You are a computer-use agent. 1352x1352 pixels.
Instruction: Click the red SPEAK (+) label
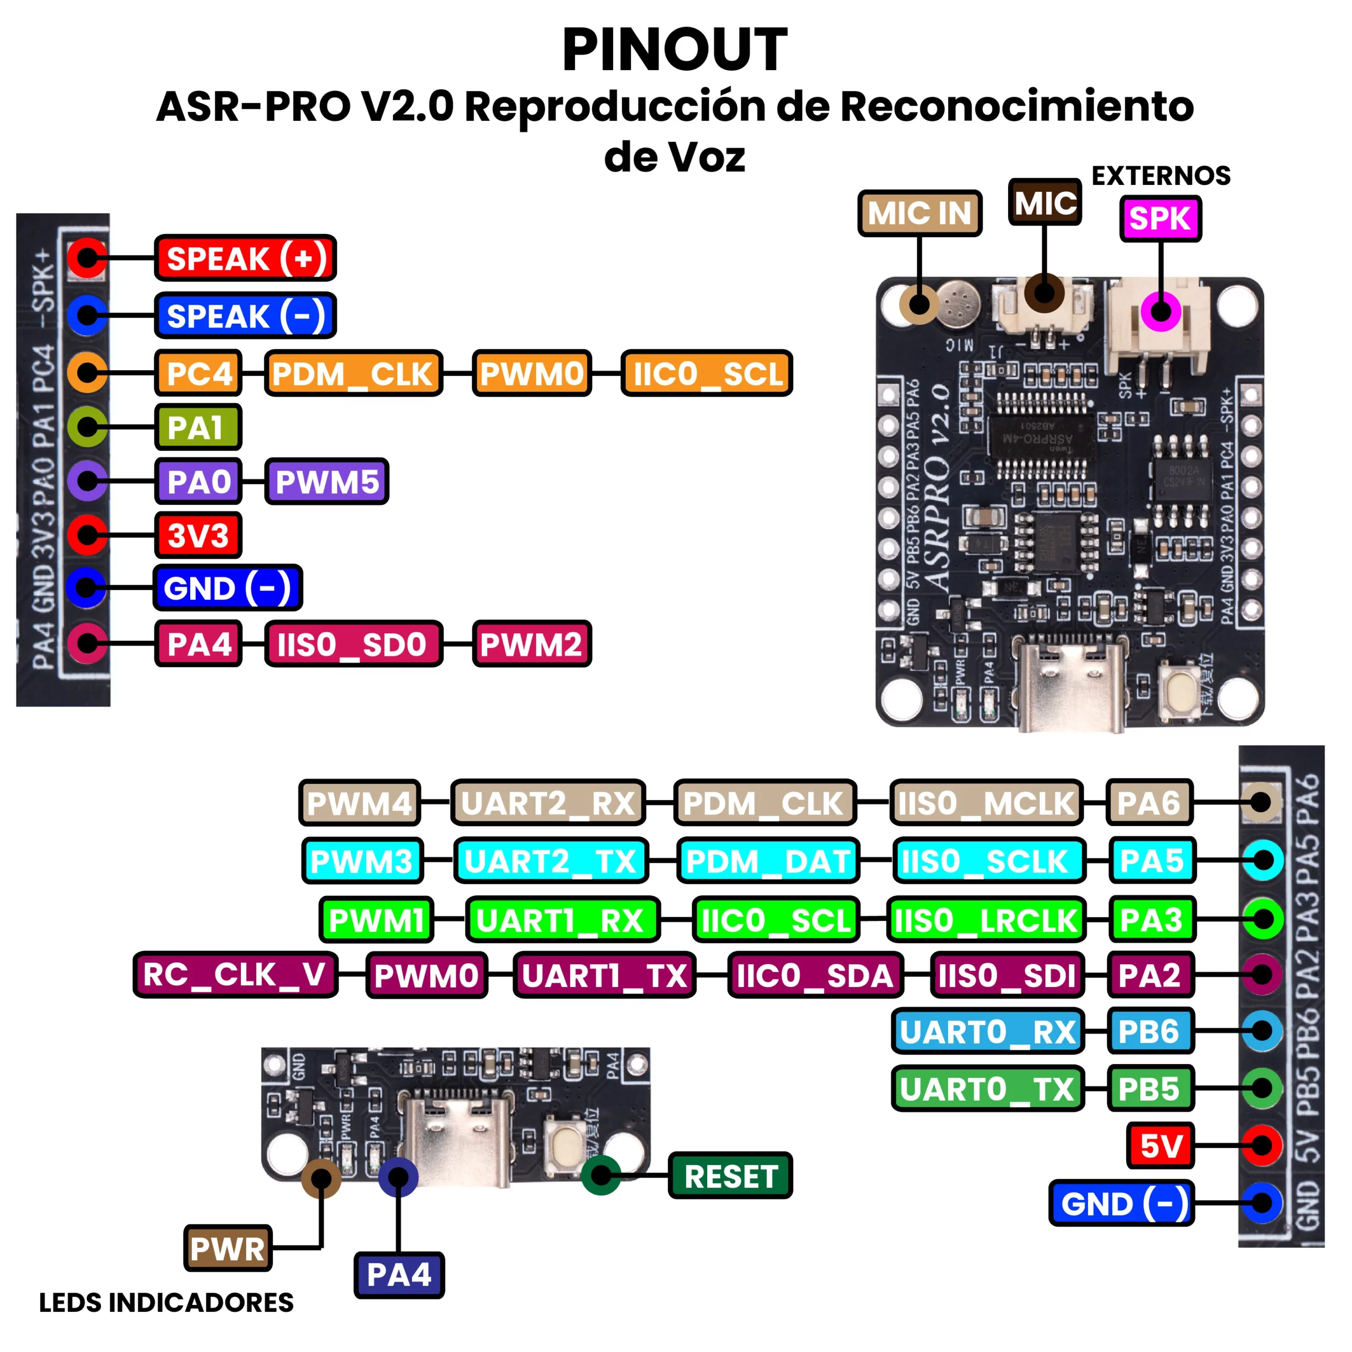pos(245,258)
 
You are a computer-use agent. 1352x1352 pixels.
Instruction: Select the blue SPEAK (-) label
pos(245,316)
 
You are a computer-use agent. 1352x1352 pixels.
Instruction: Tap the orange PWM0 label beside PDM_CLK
pos(532,373)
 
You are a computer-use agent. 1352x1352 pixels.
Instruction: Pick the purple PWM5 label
pos(327,482)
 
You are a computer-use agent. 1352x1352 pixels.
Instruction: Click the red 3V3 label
pos(198,536)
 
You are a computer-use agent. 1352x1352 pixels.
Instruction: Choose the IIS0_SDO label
pos(353,644)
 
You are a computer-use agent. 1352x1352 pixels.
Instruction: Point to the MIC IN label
pos(919,213)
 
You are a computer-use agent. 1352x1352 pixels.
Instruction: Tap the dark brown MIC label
pos(1045,202)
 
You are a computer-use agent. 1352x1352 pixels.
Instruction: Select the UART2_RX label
pos(548,803)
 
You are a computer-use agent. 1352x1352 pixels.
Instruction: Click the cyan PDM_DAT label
pos(768,861)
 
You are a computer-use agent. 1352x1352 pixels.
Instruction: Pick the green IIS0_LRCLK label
pos(985,919)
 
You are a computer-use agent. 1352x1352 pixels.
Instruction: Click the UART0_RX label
pos(988,1031)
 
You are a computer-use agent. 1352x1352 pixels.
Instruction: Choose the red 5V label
pos(1160,1146)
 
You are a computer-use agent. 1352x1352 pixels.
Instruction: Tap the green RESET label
pos(730,1176)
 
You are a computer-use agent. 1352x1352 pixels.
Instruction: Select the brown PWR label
pos(228,1248)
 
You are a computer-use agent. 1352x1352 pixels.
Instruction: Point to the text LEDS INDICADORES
pos(166,1302)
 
